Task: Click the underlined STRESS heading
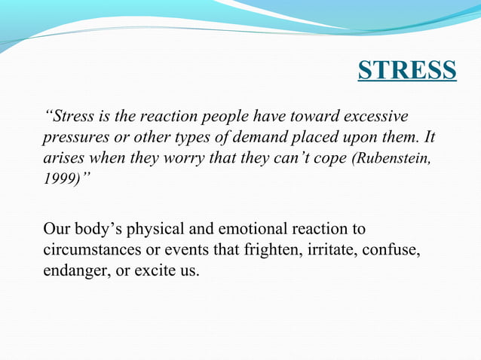point(407,70)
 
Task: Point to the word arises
point(62,161)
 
